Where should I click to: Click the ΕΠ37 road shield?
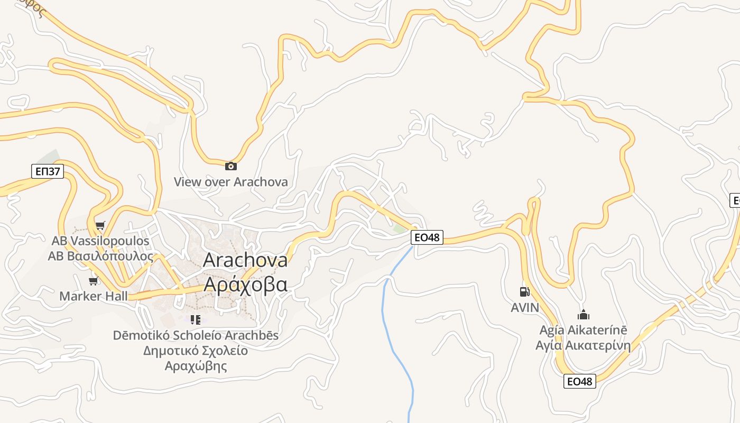(x=47, y=171)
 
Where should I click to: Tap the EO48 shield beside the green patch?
(x=427, y=237)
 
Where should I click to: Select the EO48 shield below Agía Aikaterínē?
(x=580, y=381)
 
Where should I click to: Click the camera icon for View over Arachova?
(x=231, y=166)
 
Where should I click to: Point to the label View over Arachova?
(x=231, y=182)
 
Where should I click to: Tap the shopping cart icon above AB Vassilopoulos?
(x=100, y=226)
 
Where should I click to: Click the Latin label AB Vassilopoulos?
(x=100, y=241)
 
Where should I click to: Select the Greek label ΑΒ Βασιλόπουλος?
(x=100, y=256)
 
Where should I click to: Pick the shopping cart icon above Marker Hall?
(x=94, y=281)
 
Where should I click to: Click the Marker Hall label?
(x=94, y=296)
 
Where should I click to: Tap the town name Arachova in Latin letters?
(x=245, y=260)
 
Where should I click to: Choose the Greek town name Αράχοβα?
(x=245, y=284)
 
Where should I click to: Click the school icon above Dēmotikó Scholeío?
(x=196, y=319)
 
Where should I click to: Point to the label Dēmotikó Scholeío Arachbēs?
(x=196, y=335)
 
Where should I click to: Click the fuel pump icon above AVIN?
(x=524, y=292)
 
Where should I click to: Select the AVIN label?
(x=525, y=308)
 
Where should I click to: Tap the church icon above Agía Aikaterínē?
(x=583, y=315)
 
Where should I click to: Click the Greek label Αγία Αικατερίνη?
(x=583, y=346)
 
